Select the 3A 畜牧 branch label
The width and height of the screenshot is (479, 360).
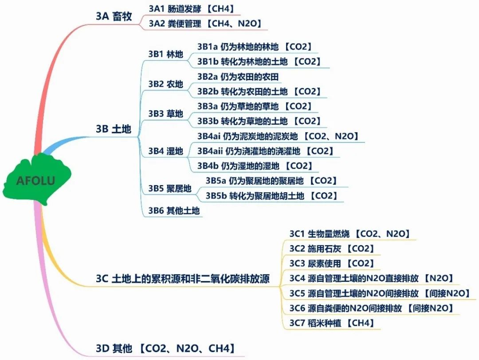114,16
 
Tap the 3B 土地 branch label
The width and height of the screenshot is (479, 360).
114,129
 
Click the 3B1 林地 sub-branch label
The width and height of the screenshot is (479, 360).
166,54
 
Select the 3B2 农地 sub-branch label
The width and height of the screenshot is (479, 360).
166,84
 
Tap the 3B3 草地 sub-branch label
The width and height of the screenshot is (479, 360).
166,114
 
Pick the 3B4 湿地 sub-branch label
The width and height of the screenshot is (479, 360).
166,151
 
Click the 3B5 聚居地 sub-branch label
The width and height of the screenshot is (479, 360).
170,188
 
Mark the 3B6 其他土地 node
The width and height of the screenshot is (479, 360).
174,210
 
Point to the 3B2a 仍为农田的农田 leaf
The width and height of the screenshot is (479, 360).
238,76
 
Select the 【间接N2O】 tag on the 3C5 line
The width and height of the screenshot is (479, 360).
447,293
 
